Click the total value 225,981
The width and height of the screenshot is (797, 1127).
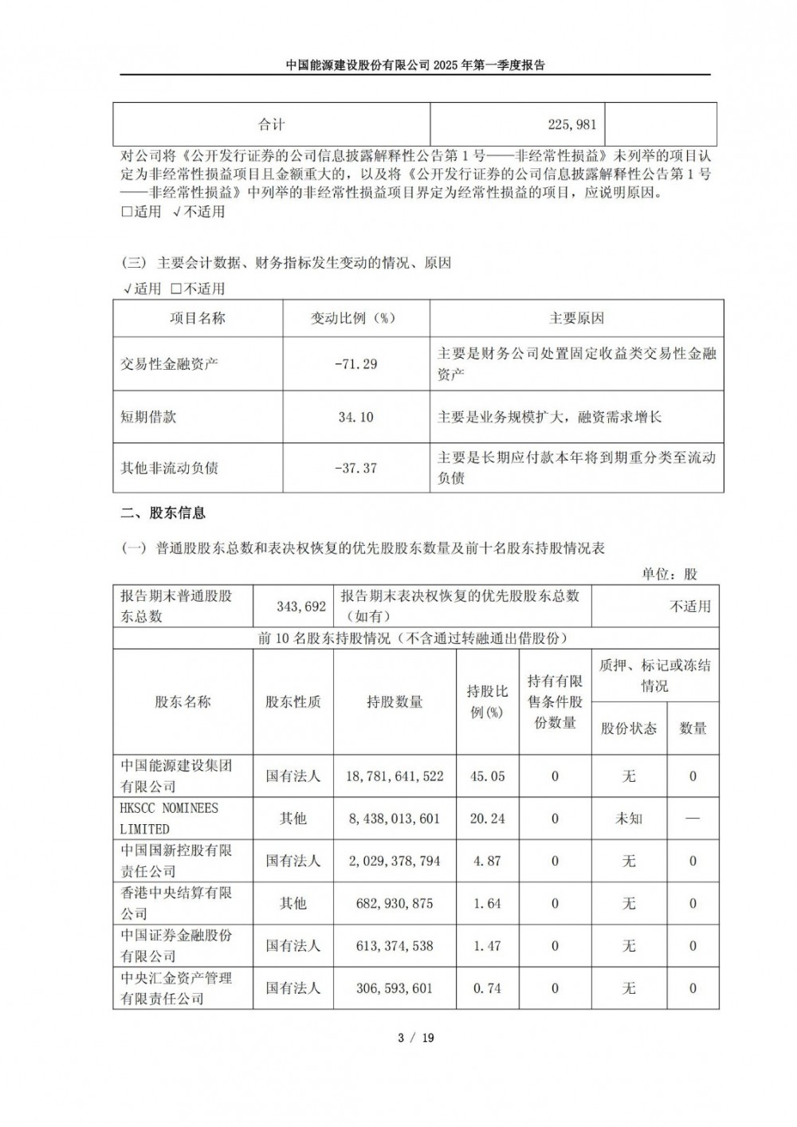coord(572,124)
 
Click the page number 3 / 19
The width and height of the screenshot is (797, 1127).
coord(416,1038)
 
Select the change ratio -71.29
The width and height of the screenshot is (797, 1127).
coord(356,364)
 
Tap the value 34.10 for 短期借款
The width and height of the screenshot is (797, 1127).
coord(356,417)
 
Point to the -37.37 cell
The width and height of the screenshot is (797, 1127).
coord(356,468)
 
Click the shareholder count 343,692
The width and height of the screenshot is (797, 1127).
coord(301,607)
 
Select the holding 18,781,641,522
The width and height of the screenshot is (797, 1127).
coord(395,776)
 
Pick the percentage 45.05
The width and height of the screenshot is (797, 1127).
coord(488,776)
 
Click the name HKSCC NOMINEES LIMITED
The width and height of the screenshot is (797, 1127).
coord(169,819)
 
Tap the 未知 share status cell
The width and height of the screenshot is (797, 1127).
coord(629,819)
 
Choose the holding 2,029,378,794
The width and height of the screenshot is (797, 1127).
coord(395,862)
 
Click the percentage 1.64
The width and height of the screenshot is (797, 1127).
coord(488,904)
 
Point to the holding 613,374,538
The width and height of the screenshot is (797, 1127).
coord(395,946)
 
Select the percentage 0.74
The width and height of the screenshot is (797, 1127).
coord(488,988)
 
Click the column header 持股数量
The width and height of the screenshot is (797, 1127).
coord(395,702)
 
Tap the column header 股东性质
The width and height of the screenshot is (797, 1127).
coord(293,702)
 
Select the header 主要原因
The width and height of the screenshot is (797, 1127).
coord(576,318)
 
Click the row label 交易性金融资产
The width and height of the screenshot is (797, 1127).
coord(169,364)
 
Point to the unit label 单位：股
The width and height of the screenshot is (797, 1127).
coord(669,575)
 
